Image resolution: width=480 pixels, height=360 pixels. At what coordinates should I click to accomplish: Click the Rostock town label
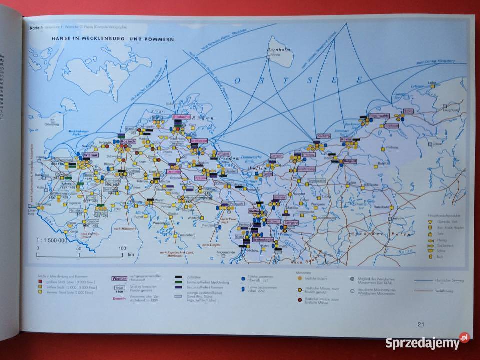point(128,141)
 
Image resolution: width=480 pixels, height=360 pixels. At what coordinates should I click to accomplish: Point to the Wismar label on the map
point(91,155)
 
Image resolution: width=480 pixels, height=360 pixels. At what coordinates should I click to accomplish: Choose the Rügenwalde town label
point(380,115)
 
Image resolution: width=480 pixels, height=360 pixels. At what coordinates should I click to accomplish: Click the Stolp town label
point(408,111)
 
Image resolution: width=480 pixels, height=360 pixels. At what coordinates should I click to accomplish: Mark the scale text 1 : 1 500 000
point(51,240)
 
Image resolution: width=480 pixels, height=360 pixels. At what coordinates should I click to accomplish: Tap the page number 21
point(420,324)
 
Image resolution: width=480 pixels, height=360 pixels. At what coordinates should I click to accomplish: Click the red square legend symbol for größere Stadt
point(35,282)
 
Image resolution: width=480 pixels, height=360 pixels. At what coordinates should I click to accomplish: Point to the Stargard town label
point(290,222)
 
